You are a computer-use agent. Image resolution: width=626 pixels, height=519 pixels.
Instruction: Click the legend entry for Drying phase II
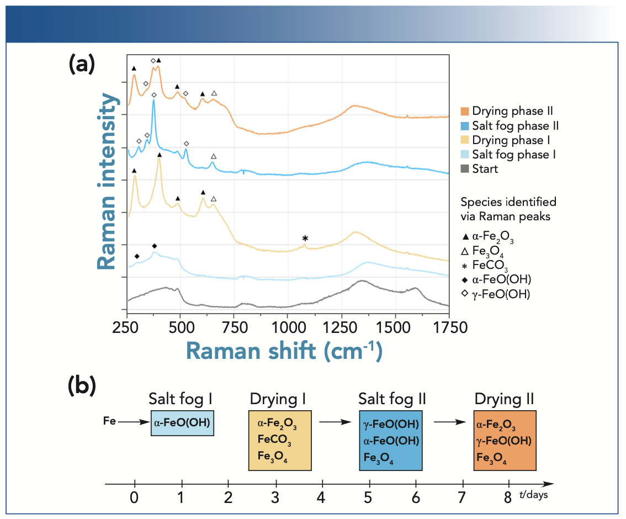coord(507,112)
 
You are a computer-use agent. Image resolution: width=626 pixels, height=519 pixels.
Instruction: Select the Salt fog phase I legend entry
coord(508,155)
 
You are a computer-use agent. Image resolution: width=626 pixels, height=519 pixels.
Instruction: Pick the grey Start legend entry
coord(480,169)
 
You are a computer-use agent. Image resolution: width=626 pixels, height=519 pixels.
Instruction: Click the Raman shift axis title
coord(284,351)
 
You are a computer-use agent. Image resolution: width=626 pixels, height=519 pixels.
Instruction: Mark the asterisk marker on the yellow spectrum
coord(305,239)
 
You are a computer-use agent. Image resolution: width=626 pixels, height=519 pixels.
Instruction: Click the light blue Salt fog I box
coord(182,423)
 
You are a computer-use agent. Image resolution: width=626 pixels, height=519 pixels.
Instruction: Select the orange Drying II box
coord(505,440)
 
